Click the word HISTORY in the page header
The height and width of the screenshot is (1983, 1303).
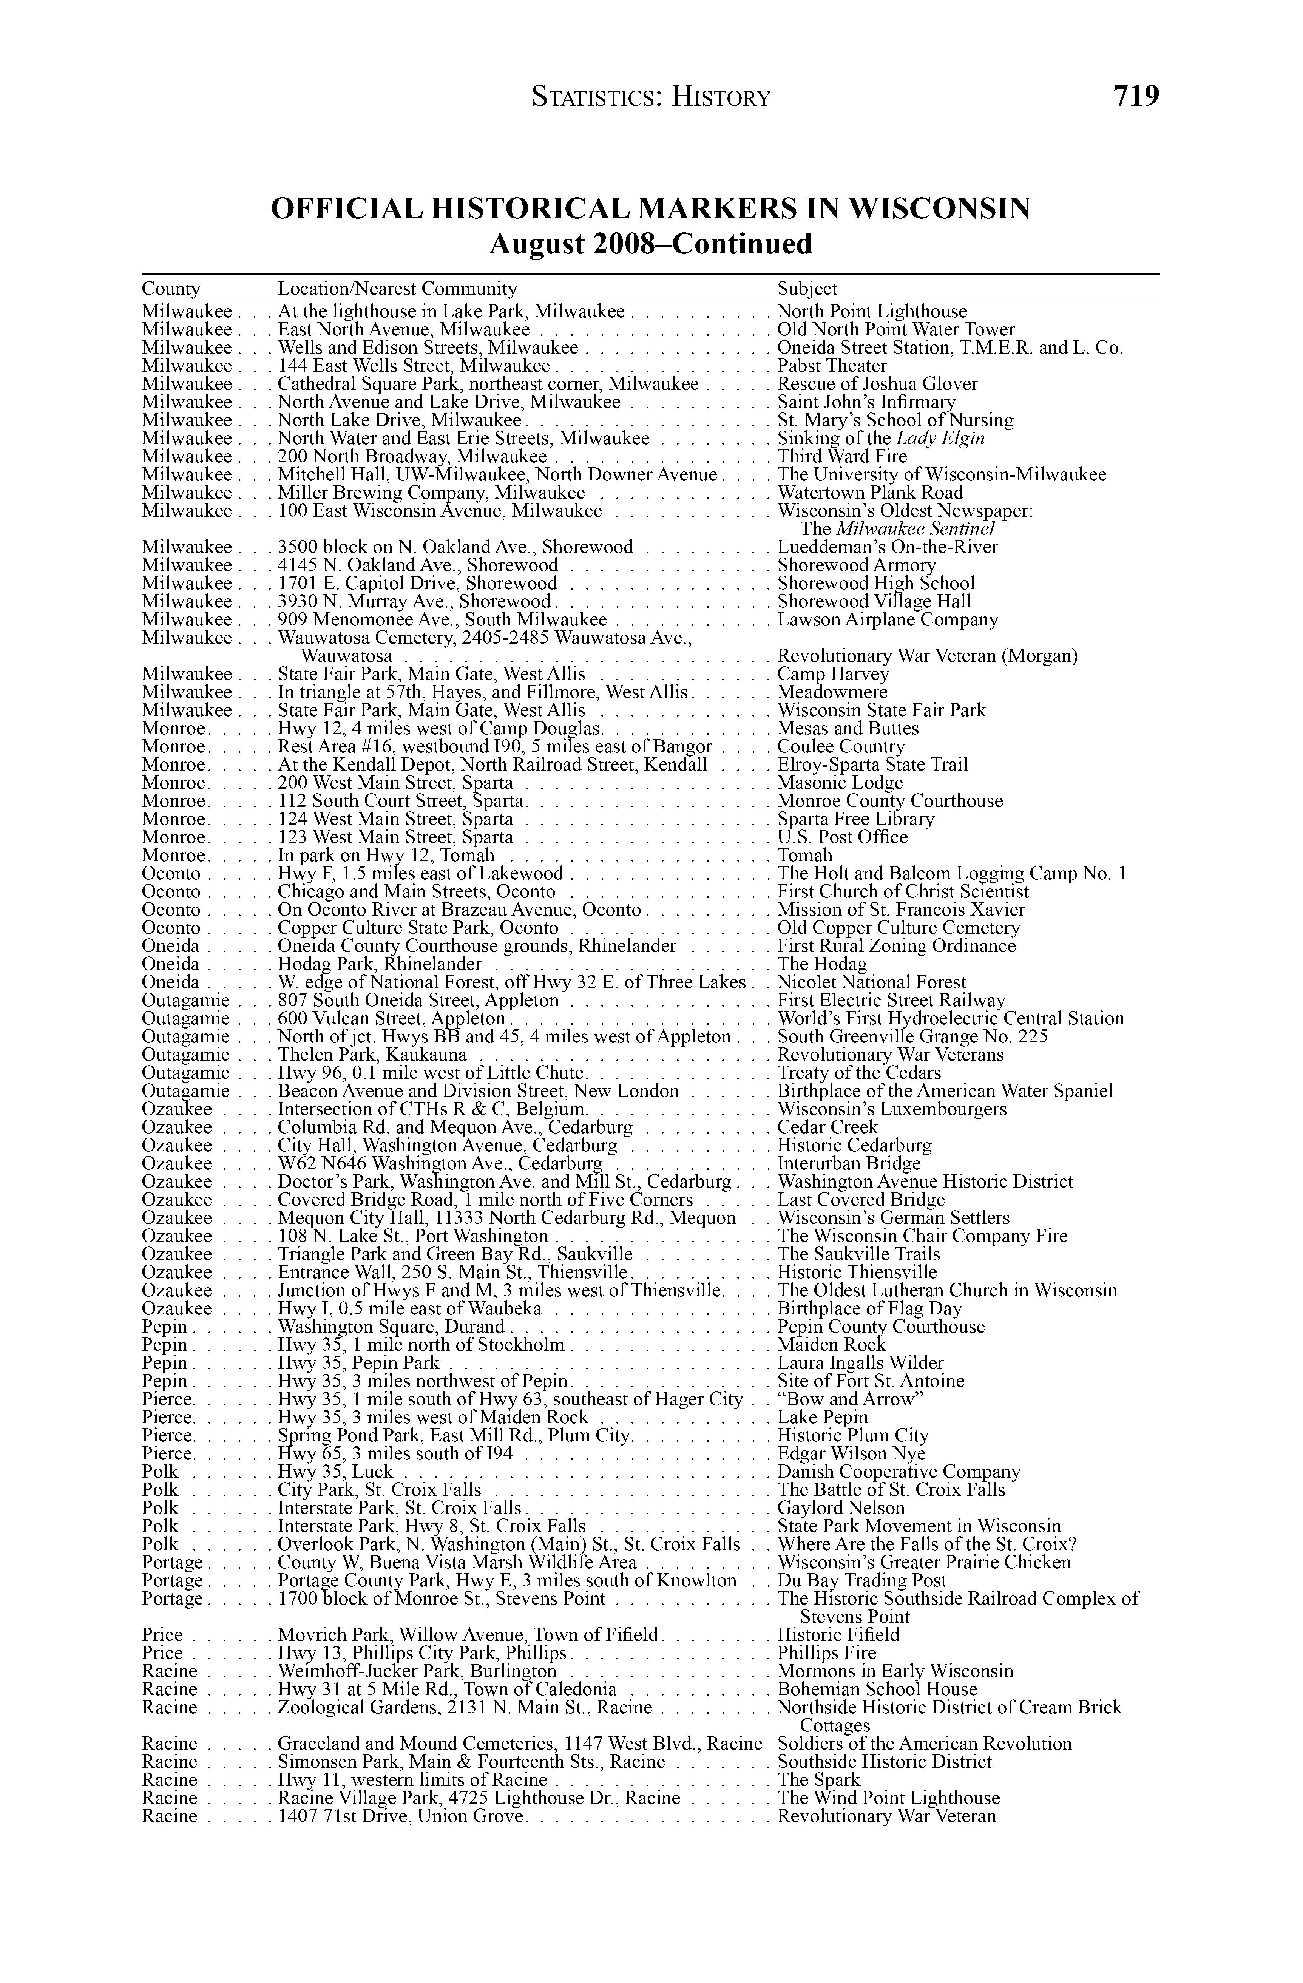click(721, 98)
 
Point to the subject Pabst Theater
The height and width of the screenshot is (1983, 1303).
click(831, 366)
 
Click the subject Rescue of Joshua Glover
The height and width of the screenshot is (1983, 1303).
click(877, 384)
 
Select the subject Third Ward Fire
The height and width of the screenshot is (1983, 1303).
click(837, 457)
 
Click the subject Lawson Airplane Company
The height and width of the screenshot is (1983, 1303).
click(887, 620)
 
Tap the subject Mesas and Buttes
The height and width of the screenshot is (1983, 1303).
click(847, 728)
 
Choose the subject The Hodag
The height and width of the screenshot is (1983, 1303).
click(821, 964)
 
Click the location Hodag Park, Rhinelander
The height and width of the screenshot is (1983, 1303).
click(380, 964)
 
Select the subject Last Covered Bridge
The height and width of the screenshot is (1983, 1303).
click(861, 1200)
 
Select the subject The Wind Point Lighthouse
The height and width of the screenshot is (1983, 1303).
click(888, 1798)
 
